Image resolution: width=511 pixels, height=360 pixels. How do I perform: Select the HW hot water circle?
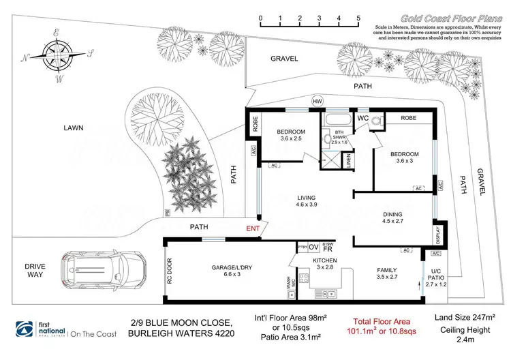click(x=316, y=101)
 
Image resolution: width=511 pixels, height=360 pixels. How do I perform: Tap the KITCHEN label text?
click(x=326, y=261)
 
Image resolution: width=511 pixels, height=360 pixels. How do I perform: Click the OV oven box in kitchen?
click(x=314, y=247)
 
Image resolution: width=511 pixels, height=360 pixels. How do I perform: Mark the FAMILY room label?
click(x=387, y=270)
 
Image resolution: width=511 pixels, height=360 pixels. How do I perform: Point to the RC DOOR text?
click(x=170, y=269)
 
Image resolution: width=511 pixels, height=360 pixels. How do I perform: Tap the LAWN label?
click(x=73, y=127)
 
